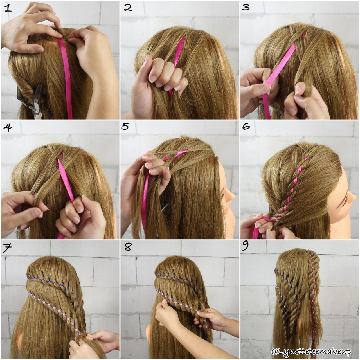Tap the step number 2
coord(128,8)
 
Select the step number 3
coord(246,7)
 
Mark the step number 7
coord(8,248)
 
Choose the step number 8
coord(128,247)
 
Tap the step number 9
coord(246,246)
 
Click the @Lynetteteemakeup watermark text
coord(311,352)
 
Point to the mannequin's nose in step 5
coord(233,195)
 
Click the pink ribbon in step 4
coord(65,180)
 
